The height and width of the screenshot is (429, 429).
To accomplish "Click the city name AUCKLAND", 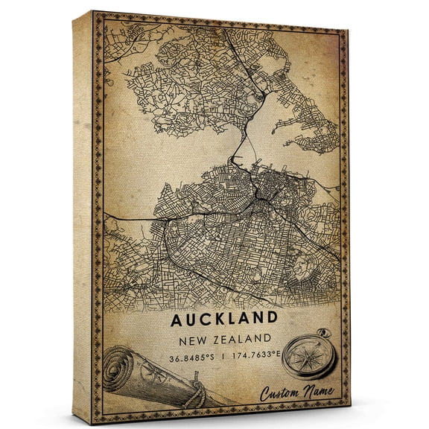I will (x=224, y=320).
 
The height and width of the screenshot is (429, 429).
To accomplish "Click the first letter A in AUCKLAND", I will (x=177, y=320).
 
